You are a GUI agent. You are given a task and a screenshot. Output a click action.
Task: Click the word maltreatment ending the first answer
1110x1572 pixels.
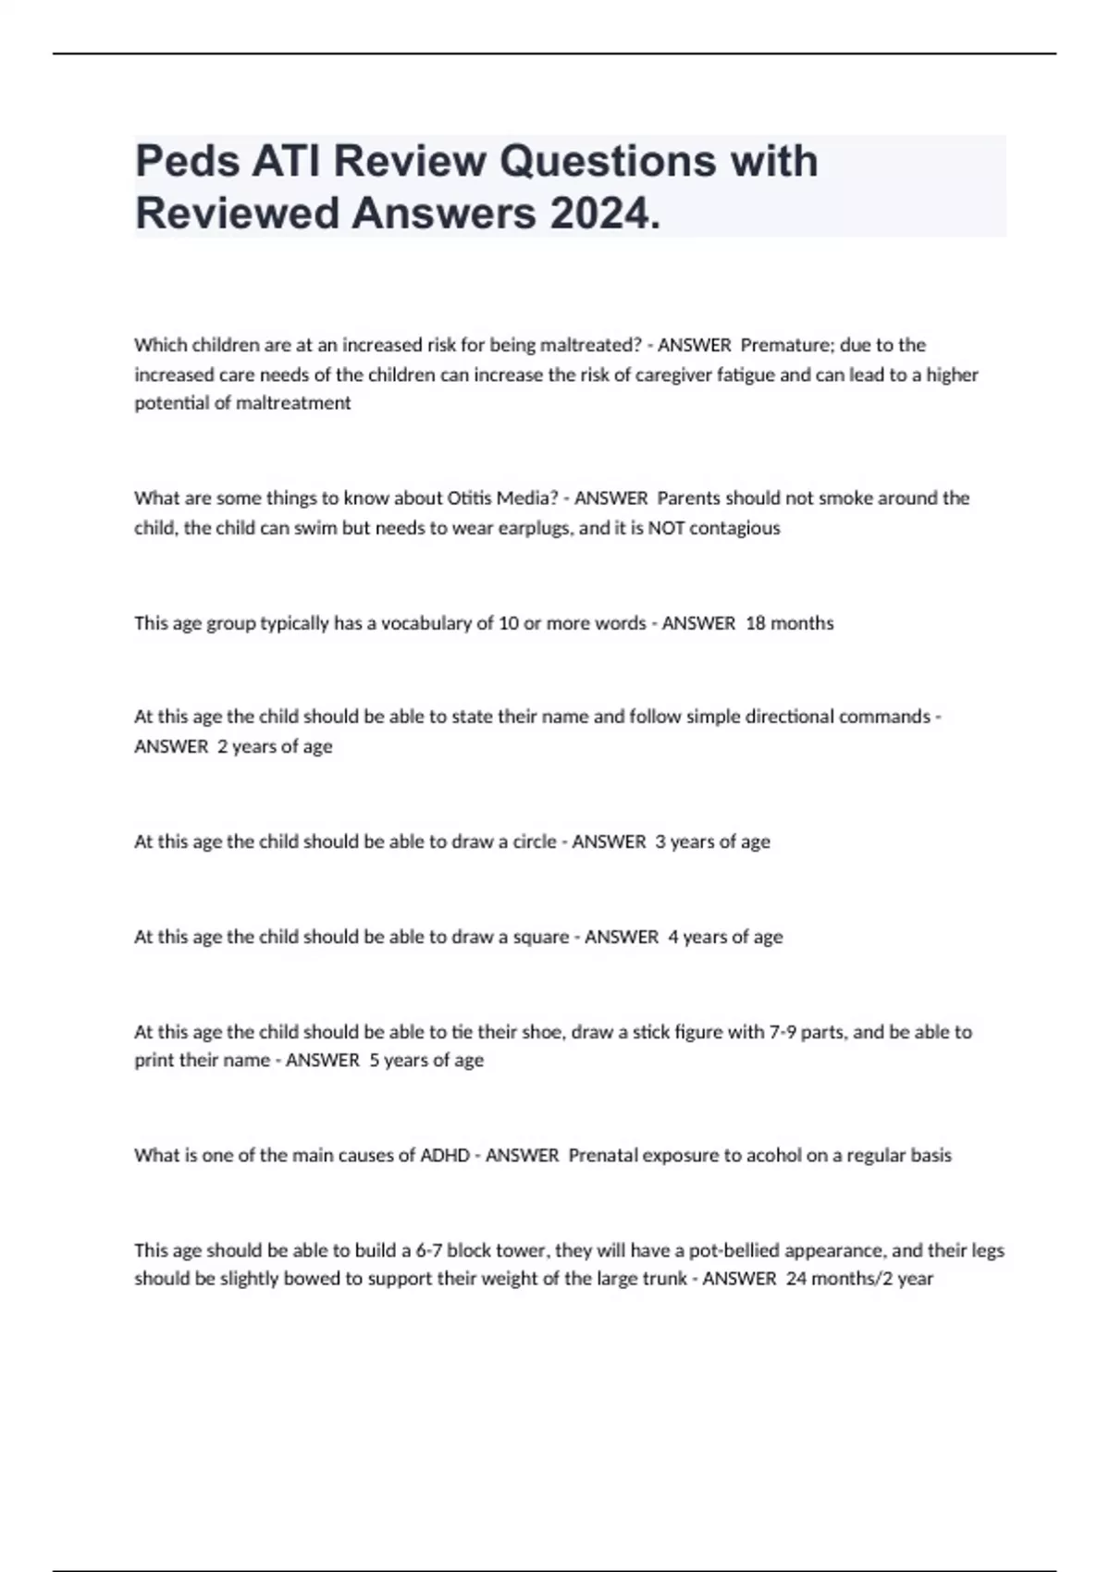point(293,403)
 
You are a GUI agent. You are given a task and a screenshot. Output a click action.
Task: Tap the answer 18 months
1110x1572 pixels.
point(789,623)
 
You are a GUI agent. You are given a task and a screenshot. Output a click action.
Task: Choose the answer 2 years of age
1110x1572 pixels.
point(275,746)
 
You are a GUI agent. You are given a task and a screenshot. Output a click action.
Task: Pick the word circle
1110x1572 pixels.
point(535,841)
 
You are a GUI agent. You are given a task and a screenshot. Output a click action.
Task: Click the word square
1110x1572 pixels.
point(541,937)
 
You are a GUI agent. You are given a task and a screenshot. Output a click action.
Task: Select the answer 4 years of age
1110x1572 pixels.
point(725,937)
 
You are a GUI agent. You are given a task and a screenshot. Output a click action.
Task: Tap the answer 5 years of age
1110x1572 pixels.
point(426,1061)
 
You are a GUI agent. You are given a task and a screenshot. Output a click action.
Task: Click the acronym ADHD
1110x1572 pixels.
point(445,1156)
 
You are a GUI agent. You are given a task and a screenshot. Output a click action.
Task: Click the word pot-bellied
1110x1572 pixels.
point(734,1251)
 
